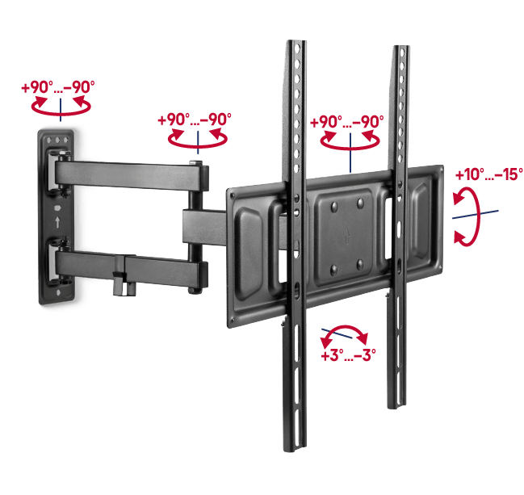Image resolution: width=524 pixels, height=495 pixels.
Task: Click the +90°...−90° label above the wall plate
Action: point(58,87)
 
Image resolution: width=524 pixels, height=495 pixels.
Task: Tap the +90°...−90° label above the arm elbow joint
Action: point(195,120)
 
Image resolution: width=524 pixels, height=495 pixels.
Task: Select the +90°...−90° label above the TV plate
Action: point(347,122)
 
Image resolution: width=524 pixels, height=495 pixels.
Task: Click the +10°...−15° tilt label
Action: point(489,174)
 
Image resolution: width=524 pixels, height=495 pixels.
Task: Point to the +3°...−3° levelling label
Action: point(348,355)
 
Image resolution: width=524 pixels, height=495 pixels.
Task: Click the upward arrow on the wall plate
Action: point(57,222)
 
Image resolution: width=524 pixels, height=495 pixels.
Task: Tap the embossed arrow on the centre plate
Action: point(347,237)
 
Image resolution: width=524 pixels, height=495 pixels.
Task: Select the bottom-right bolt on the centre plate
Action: point(360,265)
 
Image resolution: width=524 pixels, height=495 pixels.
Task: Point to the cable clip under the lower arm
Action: point(124,276)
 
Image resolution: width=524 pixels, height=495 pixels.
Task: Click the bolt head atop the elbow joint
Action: point(195,163)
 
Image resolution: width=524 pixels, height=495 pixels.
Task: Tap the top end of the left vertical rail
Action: point(296,42)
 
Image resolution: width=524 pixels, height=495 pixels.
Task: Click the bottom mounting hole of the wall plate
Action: point(59,293)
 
